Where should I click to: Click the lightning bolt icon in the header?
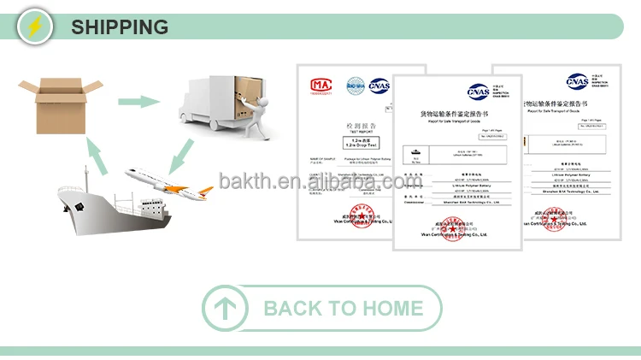pyautogui.click(x=36, y=27)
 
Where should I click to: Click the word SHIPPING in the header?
pyautogui.click(x=120, y=27)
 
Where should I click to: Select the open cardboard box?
pyautogui.click(x=57, y=104)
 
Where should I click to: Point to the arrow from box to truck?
pyautogui.click(x=138, y=101)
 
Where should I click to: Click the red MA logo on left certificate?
pyautogui.click(x=320, y=85)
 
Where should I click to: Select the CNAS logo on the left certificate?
pyautogui.click(x=379, y=85)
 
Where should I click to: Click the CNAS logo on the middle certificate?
pyautogui.click(x=480, y=91)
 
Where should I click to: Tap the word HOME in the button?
pyautogui.click(x=392, y=309)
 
